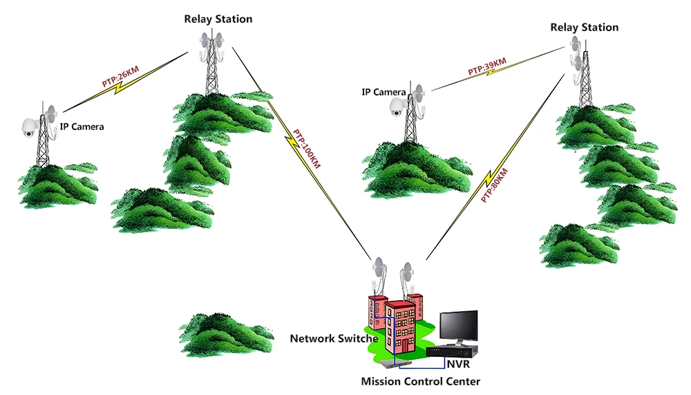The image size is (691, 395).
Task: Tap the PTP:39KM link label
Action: [x=486, y=67]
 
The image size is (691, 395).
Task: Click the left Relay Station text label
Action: [x=218, y=19]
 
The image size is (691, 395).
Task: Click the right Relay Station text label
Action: [x=584, y=27]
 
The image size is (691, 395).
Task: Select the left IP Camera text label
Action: [x=82, y=127]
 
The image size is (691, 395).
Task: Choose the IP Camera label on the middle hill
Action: [x=384, y=92]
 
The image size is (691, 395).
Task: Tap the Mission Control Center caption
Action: [x=420, y=381]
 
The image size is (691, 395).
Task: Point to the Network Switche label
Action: [x=334, y=339]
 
